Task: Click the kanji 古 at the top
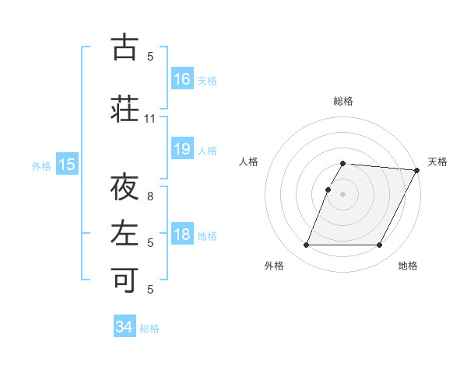[125, 47]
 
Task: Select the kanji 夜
[125, 188]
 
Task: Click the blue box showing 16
[182, 78]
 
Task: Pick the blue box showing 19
[182, 149]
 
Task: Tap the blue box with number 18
[182, 235]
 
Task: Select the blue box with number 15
[66, 165]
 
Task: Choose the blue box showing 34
[125, 327]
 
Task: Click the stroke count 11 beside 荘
[149, 119]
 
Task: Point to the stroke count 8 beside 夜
[150, 196]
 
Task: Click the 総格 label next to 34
[149, 328]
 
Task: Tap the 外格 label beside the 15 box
[41, 165]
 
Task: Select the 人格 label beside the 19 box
[207, 150]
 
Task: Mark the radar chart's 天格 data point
[417, 170]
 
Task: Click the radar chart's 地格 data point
[380, 245]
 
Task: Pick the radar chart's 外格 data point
[306, 245]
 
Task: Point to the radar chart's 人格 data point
[328, 189]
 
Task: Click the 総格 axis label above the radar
[343, 101]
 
